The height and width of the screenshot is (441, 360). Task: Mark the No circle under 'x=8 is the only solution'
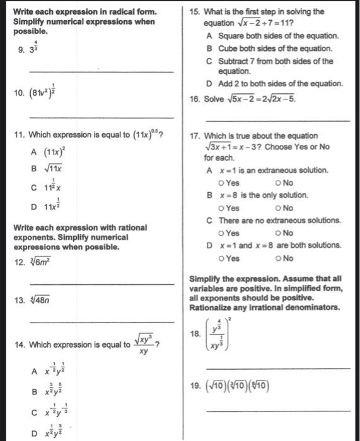tap(278, 208)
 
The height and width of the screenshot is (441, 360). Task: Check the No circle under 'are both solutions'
tap(278, 258)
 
